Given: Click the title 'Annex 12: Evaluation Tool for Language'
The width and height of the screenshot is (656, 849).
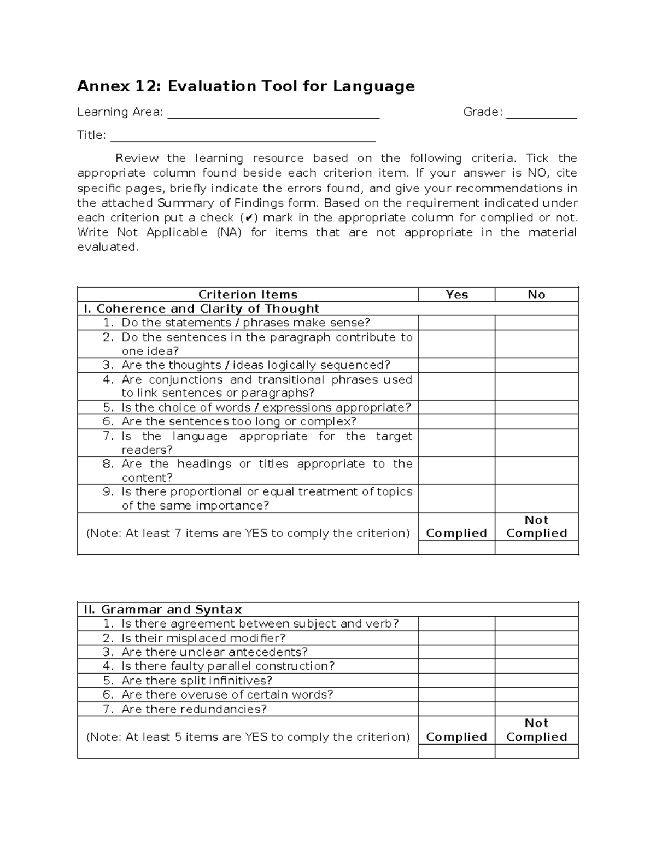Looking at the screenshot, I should [245, 86].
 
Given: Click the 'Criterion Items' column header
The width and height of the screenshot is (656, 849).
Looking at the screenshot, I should [248, 295].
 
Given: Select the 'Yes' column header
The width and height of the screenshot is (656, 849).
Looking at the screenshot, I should [456, 295].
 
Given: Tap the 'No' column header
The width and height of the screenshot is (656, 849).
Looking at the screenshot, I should [536, 295].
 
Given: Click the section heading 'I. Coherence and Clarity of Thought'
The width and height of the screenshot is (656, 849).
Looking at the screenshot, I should [201, 309].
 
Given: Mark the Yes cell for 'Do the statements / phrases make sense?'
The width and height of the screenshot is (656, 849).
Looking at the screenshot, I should [456, 323].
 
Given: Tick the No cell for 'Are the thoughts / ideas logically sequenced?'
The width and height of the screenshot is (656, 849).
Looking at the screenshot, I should [536, 365].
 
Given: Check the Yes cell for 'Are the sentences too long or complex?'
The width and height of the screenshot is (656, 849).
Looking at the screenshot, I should [456, 421].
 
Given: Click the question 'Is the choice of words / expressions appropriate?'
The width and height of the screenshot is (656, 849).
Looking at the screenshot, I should [266, 408].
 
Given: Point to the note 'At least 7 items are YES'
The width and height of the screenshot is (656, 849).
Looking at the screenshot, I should [248, 534].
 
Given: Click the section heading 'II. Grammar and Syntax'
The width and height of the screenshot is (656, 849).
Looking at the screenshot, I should [162, 610].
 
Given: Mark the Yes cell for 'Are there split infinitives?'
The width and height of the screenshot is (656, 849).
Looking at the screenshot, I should [456, 681].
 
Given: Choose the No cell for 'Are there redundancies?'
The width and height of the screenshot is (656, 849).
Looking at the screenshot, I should [536, 709].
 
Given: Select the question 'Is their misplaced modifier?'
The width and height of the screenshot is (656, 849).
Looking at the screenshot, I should [203, 638].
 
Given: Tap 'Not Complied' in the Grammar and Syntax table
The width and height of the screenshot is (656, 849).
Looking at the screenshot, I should [536, 730].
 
